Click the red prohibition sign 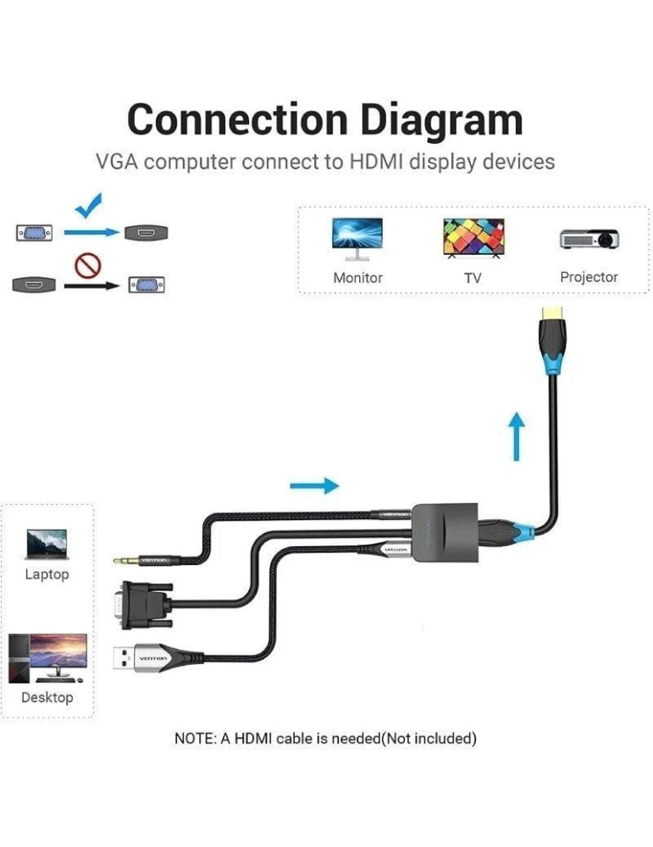click(88, 266)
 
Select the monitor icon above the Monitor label click(357, 238)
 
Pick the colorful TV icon click(473, 238)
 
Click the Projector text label click(589, 277)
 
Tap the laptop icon click(47, 545)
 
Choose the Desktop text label click(47, 697)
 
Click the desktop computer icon click(47, 658)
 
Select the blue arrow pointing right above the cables click(314, 485)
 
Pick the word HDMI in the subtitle click(376, 161)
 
